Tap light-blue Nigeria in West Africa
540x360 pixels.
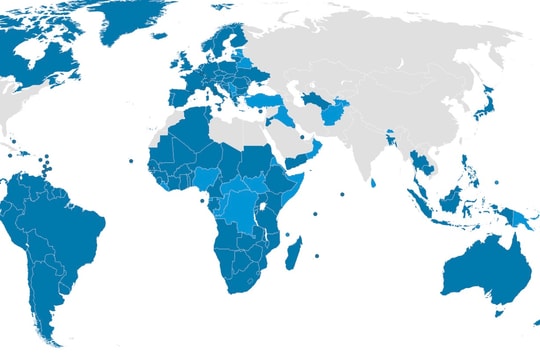pyautogui.click(x=206, y=177)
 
